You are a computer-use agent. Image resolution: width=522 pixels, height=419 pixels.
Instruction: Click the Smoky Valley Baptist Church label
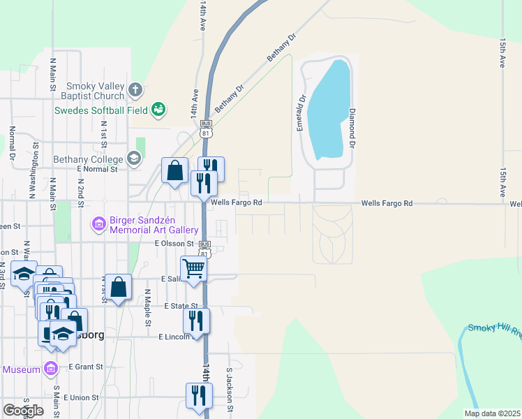click(x=95, y=90)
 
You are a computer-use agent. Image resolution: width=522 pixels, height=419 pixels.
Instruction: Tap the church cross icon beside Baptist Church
click(x=135, y=89)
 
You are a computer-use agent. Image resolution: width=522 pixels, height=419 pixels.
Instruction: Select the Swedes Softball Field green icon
click(x=158, y=108)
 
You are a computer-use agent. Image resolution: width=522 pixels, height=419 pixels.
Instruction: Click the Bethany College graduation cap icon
click(x=133, y=159)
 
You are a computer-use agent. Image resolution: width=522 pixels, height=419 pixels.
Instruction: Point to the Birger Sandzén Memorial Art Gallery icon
click(x=98, y=224)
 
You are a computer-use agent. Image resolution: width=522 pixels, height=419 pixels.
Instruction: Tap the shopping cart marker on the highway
click(x=193, y=267)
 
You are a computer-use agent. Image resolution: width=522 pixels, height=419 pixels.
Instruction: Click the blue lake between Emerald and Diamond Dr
click(x=328, y=112)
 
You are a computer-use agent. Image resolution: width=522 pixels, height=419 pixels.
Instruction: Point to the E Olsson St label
click(x=174, y=244)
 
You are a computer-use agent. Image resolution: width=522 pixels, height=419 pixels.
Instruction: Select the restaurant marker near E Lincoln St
click(x=196, y=321)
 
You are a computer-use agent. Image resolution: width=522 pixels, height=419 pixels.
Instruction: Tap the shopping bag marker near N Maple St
click(x=118, y=286)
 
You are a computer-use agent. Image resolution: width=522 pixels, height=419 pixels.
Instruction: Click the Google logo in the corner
click(x=23, y=411)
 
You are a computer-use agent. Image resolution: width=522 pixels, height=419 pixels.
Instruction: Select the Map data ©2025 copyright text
click(x=491, y=413)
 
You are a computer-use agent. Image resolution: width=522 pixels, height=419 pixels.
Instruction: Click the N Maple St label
click(x=148, y=308)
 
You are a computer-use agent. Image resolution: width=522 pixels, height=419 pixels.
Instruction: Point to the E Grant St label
click(x=86, y=366)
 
